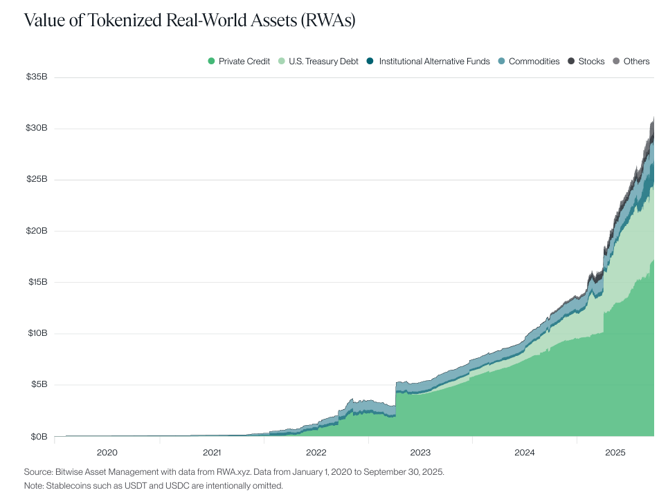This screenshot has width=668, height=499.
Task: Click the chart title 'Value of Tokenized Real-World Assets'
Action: [x=190, y=20]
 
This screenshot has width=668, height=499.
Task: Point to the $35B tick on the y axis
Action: [x=36, y=77]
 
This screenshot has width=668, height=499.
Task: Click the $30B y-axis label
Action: [x=36, y=128]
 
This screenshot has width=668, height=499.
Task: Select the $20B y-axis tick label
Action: [x=36, y=231]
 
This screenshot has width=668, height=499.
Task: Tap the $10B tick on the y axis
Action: [x=36, y=333]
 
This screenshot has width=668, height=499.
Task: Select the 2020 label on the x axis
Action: [x=107, y=453]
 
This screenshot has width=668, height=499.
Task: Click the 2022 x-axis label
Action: [x=316, y=453]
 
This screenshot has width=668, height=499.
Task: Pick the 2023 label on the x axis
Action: [x=420, y=453]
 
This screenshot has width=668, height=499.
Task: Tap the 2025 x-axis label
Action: [x=615, y=453]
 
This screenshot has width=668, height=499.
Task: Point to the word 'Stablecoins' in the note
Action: [x=68, y=486]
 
